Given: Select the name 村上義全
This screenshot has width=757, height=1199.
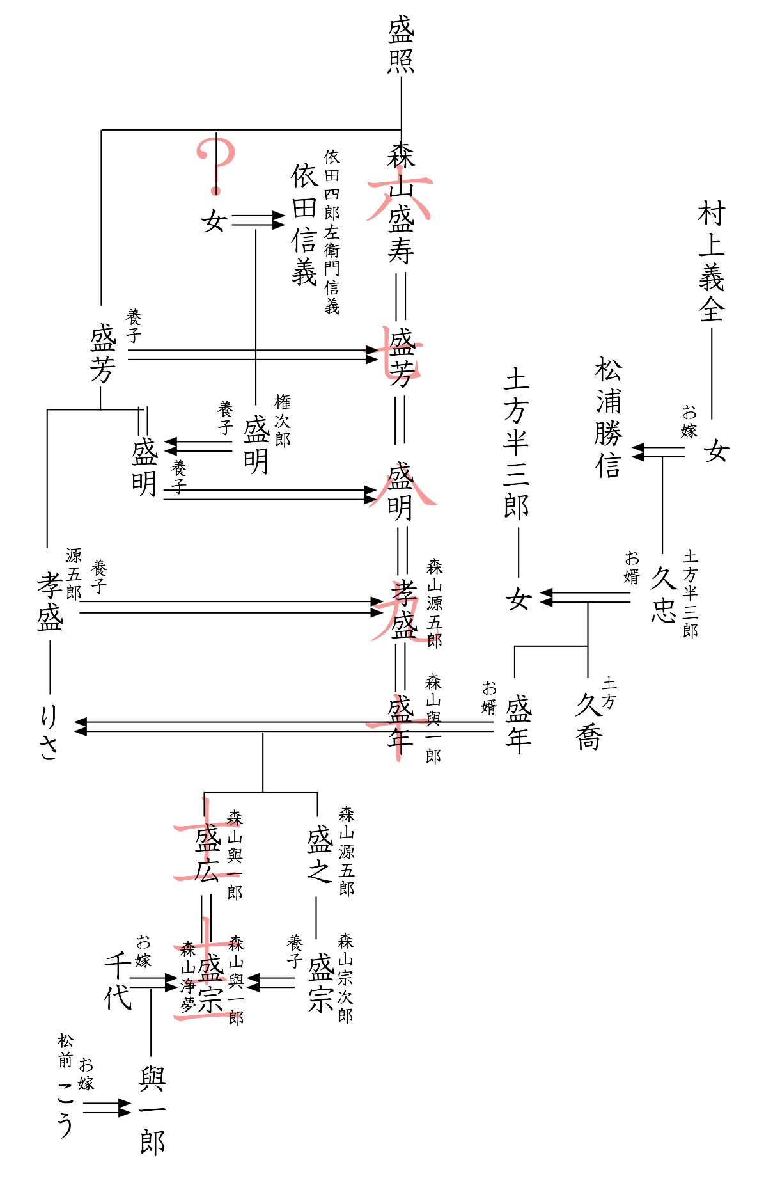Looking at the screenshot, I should click(x=711, y=262).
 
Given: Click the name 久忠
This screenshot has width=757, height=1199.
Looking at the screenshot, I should click(x=664, y=594).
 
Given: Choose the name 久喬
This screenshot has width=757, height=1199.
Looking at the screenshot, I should click(x=588, y=722).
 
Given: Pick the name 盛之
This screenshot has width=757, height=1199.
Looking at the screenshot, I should click(x=318, y=854).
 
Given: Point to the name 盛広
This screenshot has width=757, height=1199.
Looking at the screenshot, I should click(x=207, y=854).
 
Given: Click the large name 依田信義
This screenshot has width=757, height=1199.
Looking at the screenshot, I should click(x=304, y=224).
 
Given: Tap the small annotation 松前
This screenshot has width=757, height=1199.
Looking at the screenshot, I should click(x=65, y=1051).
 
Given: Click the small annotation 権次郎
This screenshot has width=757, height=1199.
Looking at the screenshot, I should click(x=282, y=420).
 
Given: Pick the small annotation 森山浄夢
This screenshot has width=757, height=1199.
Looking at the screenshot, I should click(x=188, y=976).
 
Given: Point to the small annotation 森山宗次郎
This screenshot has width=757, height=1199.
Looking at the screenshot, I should click(x=345, y=977).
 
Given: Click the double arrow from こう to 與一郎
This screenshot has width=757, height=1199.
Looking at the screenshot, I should click(x=106, y=1108).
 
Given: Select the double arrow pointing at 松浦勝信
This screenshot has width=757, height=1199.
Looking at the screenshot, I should click(x=658, y=452).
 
